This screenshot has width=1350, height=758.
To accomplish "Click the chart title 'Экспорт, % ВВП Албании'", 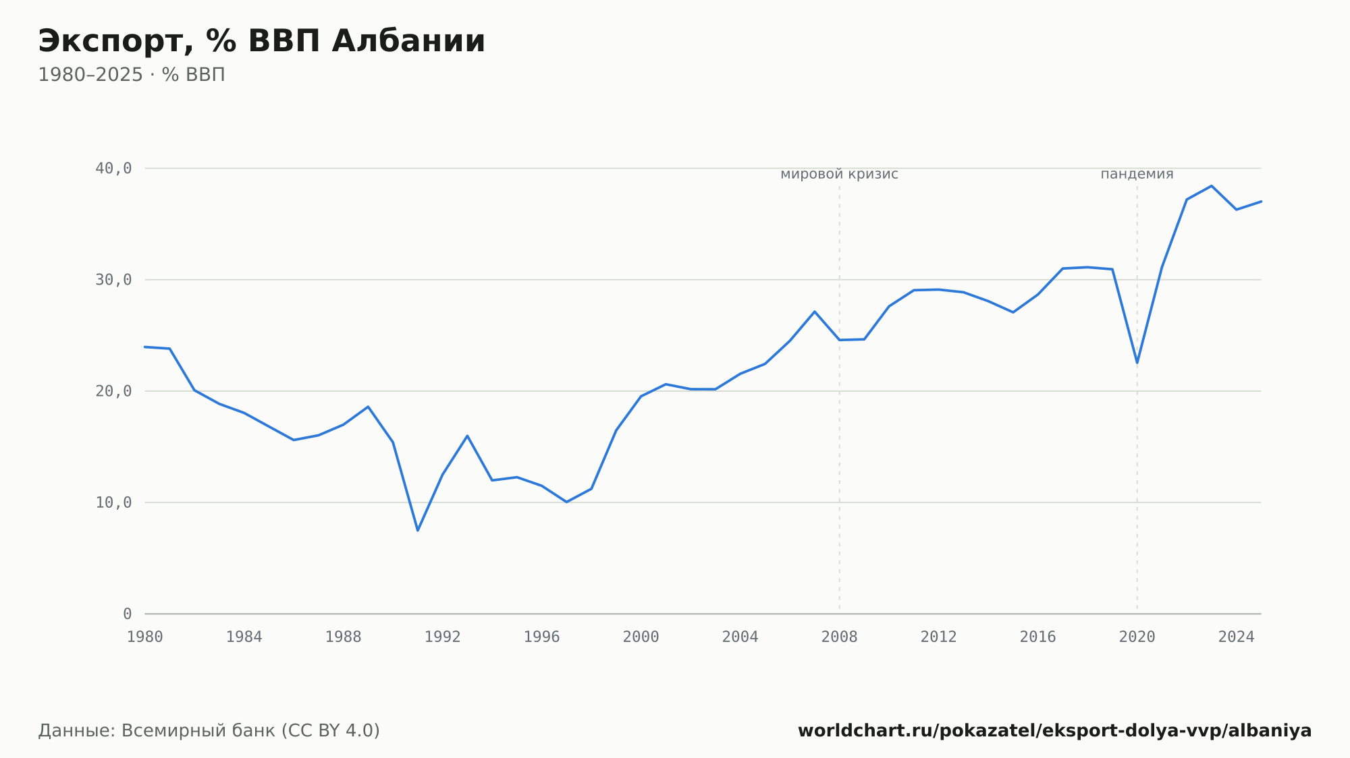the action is click(x=261, y=41).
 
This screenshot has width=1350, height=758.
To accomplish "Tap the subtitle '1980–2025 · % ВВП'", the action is click(x=132, y=75).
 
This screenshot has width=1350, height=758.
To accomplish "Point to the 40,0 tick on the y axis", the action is click(x=113, y=169).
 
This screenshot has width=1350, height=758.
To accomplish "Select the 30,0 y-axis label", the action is click(x=113, y=280).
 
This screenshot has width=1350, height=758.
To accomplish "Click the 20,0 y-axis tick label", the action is click(x=113, y=391).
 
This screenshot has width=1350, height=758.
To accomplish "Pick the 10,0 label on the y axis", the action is click(x=113, y=502).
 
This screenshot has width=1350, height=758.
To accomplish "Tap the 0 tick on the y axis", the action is click(x=128, y=614).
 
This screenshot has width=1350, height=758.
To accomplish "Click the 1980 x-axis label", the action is click(x=145, y=637).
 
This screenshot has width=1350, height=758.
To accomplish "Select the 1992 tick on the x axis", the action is click(x=443, y=637).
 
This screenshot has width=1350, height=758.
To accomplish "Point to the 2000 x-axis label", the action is click(x=641, y=637).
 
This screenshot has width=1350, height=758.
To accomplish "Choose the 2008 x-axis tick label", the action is click(x=840, y=637).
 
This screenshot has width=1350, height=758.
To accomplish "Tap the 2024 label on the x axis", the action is click(x=1237, y=637).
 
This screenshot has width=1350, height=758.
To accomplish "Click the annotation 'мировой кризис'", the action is click(x=840, y=174).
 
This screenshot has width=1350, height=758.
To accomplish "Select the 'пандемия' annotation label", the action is click(x=1137, y=174).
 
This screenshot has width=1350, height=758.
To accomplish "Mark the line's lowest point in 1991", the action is click(x=418, y=530).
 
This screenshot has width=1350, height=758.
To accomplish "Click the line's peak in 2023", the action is click(x=1212, y=185).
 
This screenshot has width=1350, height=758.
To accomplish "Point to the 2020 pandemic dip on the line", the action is click(x=1137, y=363).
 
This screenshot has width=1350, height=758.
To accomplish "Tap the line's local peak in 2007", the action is click(x=815, y=312).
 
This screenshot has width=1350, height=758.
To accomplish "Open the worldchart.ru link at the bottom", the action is click(x=1055, y=731).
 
